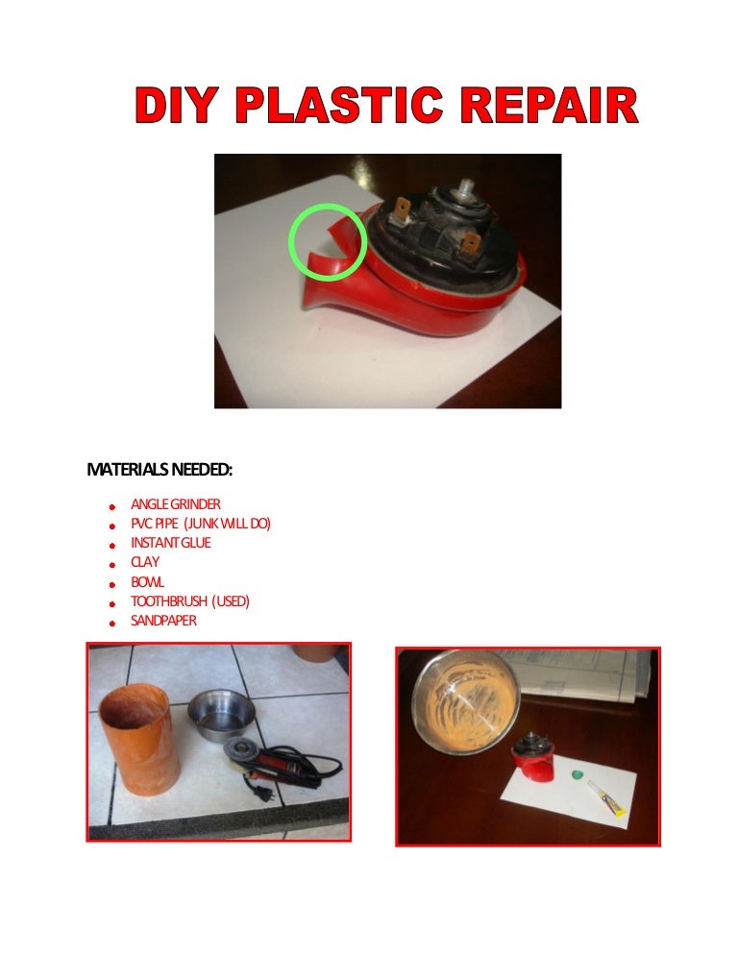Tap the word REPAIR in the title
point(549,105)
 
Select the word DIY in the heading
point(176,105)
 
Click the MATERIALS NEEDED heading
point(160,470)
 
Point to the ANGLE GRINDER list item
point(176,504)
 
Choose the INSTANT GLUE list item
point(171,543)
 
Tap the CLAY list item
point(145,561)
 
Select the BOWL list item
point(147,581)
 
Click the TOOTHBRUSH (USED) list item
point(190,601)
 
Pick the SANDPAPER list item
point(163,621)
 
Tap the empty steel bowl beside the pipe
point(221,714)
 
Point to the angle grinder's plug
point(267,794)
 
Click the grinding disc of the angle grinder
point(242,747)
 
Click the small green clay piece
point(578,774)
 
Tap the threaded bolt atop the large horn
point(467,185)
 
